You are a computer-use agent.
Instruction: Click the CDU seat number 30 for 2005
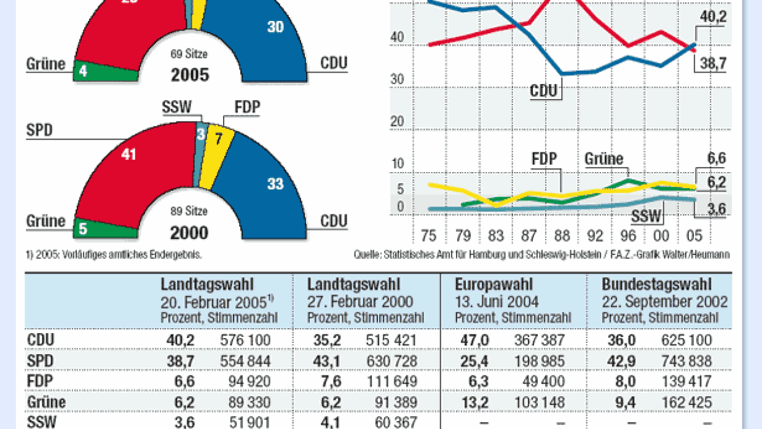click(275, 27)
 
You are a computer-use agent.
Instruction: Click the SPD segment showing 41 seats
click(128, 155)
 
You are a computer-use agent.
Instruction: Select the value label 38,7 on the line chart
click(713, 62)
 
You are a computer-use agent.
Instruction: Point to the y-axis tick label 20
click(397, 122)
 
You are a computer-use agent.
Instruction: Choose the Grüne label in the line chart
click(604, 159)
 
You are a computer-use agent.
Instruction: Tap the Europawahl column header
click(493, 285)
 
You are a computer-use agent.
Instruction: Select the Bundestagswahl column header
click(656, 285)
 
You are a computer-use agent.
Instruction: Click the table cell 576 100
click(245, 340)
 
